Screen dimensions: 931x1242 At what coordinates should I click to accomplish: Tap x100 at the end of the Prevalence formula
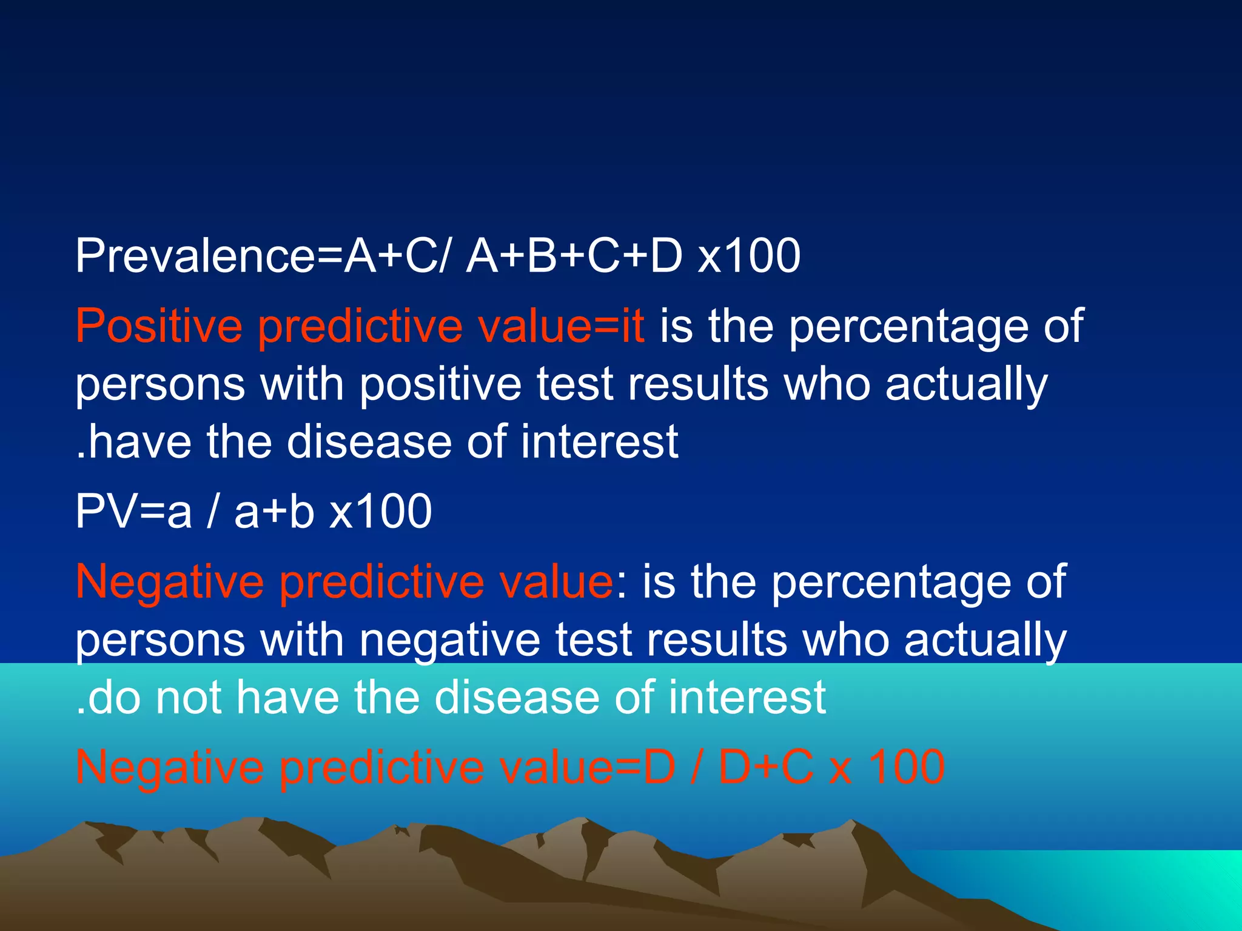pos(749,256)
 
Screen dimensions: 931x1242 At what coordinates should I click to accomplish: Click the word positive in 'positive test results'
pos(440,385)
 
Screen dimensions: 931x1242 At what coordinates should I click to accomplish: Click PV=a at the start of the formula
pos(133,512)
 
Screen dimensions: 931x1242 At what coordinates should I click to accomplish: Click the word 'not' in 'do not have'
pos(188,697)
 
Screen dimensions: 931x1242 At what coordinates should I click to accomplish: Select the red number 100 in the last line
pos(907,767)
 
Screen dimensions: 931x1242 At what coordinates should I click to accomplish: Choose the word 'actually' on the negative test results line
pos(985,641)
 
